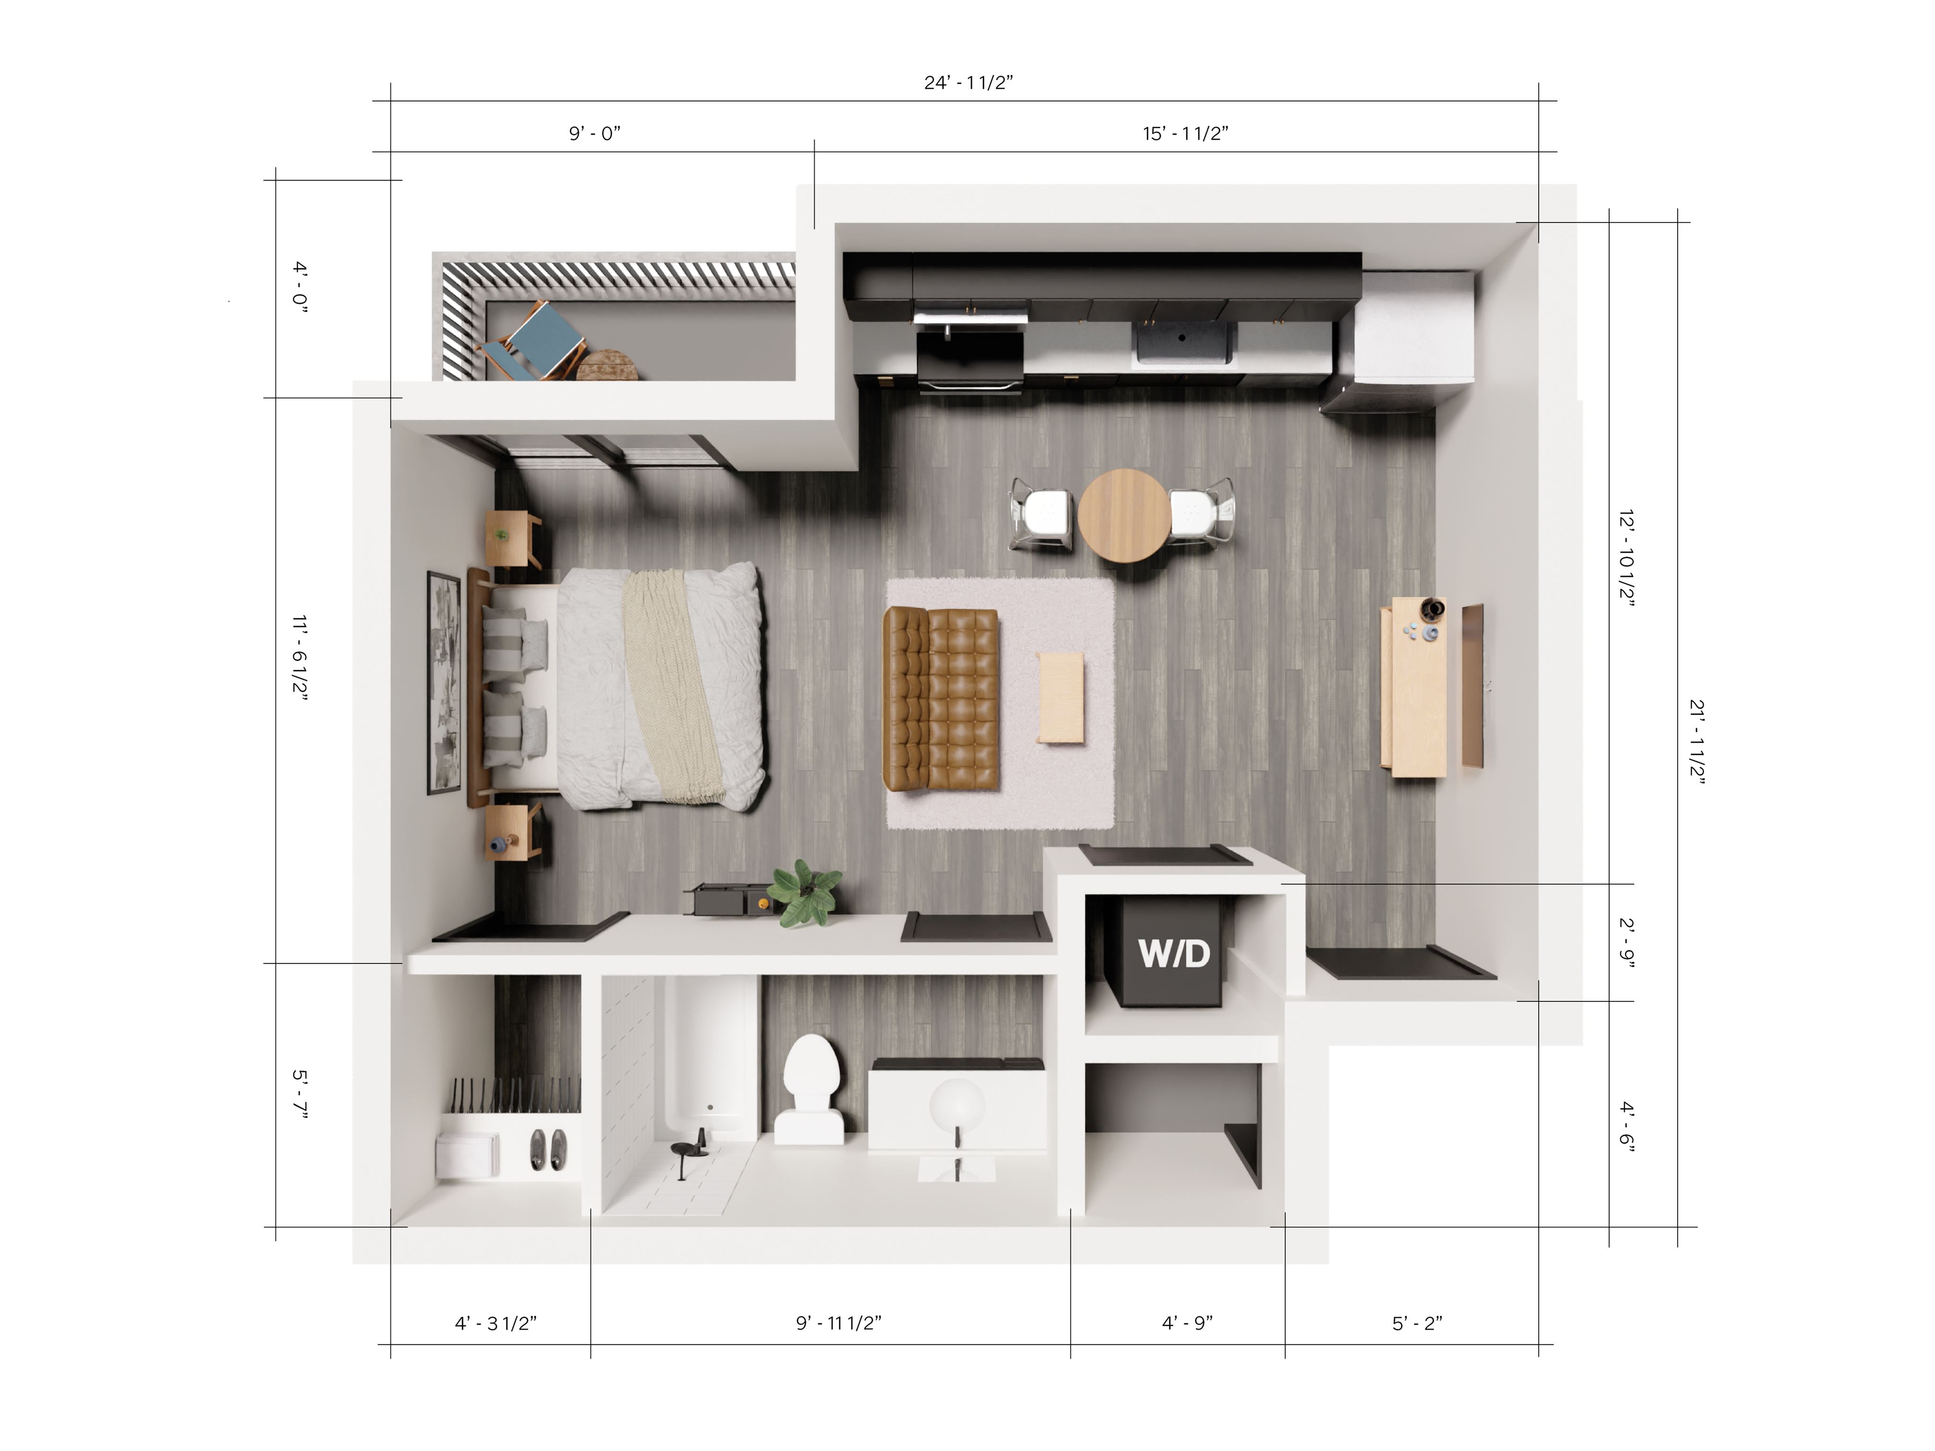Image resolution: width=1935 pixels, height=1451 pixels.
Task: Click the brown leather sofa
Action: pos(941,699)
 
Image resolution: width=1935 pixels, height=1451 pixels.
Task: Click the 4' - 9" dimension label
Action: pos(1187,1323)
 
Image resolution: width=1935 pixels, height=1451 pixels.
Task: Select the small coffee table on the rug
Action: pos(1060,697)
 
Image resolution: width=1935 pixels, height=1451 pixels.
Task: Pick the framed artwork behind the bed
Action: pos(444,682)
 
